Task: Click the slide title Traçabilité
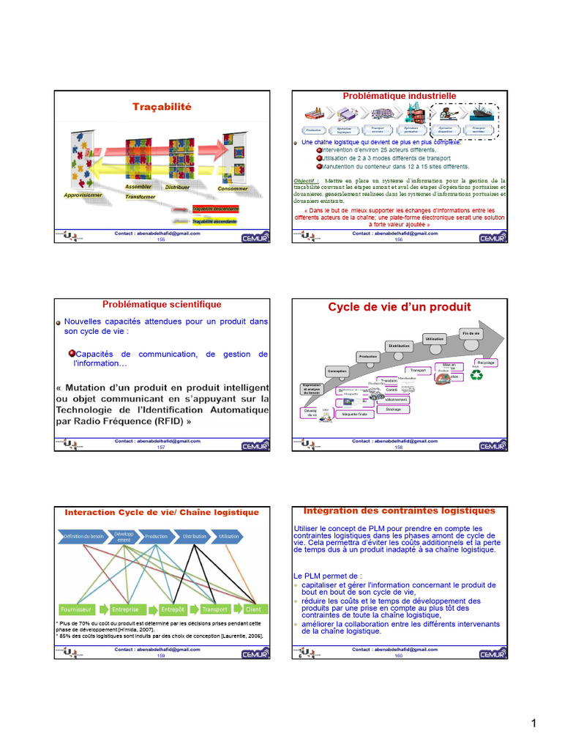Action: tap(161, 107)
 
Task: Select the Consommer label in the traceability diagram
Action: tap(233, 189)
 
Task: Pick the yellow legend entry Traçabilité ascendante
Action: tap(215, 220)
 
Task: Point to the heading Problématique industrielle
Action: tap(400, 96)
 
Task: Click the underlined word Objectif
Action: tap(305, 179)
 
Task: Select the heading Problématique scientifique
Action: tap(162, 304)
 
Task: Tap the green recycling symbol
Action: tap(477, 375)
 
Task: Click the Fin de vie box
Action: tap(471, 333)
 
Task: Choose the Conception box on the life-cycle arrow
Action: tap(337, 371)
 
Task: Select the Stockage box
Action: tap(393, 409)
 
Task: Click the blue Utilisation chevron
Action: tap(228, 536)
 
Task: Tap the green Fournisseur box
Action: tap(76, 609)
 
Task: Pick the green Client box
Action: tap(253, 609)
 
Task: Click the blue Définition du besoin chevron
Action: tap(82, 536)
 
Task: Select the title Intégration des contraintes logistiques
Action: tap(400, 510)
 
